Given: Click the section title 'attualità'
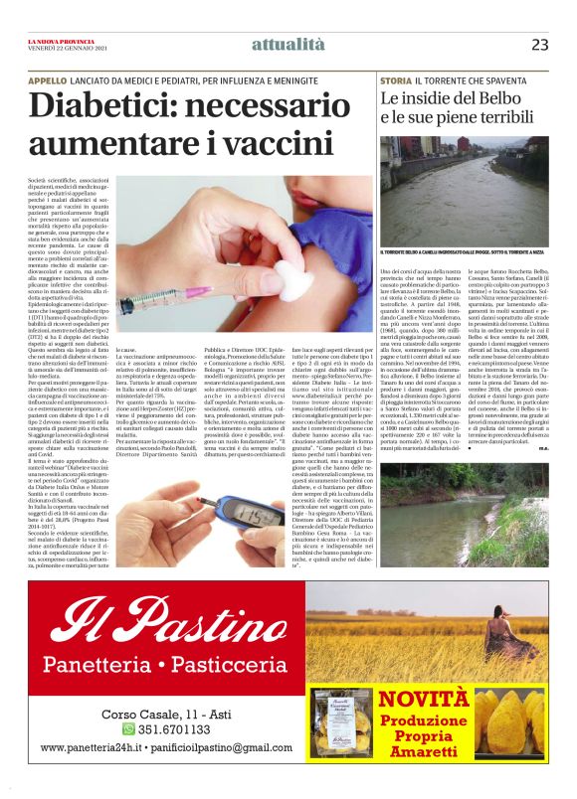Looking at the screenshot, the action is tap(288, 45).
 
